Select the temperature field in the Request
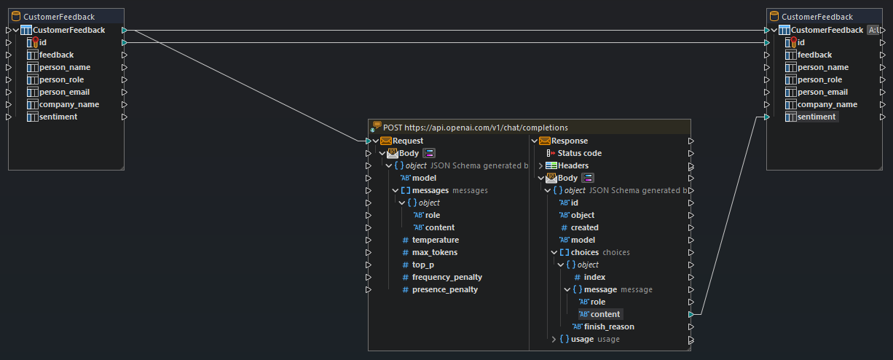point(435,240)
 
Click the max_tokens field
point(434,252)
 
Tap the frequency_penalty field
point(446,277)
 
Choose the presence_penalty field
point(444,289)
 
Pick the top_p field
point(423,265)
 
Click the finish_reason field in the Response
point(608,326)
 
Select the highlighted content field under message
point(605,314)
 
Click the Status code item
point(579,153)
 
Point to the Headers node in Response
point(573,165)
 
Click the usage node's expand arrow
point(554,339)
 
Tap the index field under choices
point(594,277)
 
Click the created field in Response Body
point(584,227)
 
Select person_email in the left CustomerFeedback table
point(64,92)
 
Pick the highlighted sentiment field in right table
point(817,117)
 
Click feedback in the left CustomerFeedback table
point(56,55)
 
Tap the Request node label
point(408,141)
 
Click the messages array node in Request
point(430,190)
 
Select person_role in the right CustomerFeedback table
point(819,79)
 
